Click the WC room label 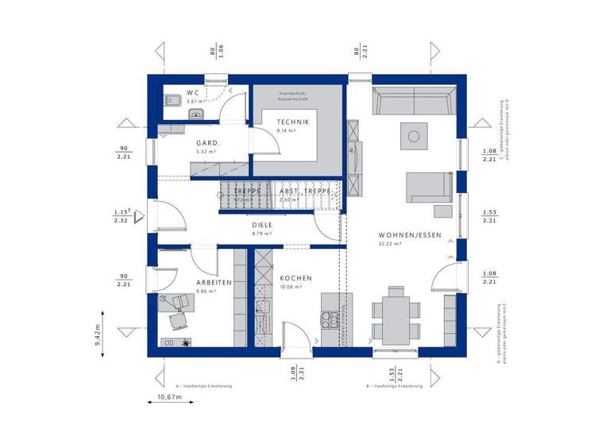point(193,93)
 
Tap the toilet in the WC point(170,100)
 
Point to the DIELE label point(262,226)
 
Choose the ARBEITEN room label point(214,282)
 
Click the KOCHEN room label point(295,278)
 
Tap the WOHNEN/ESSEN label point(410,235)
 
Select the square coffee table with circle point(413,137)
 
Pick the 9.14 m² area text point(286,130)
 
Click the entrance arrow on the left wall point(139,215)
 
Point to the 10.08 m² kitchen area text point(291,287)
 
